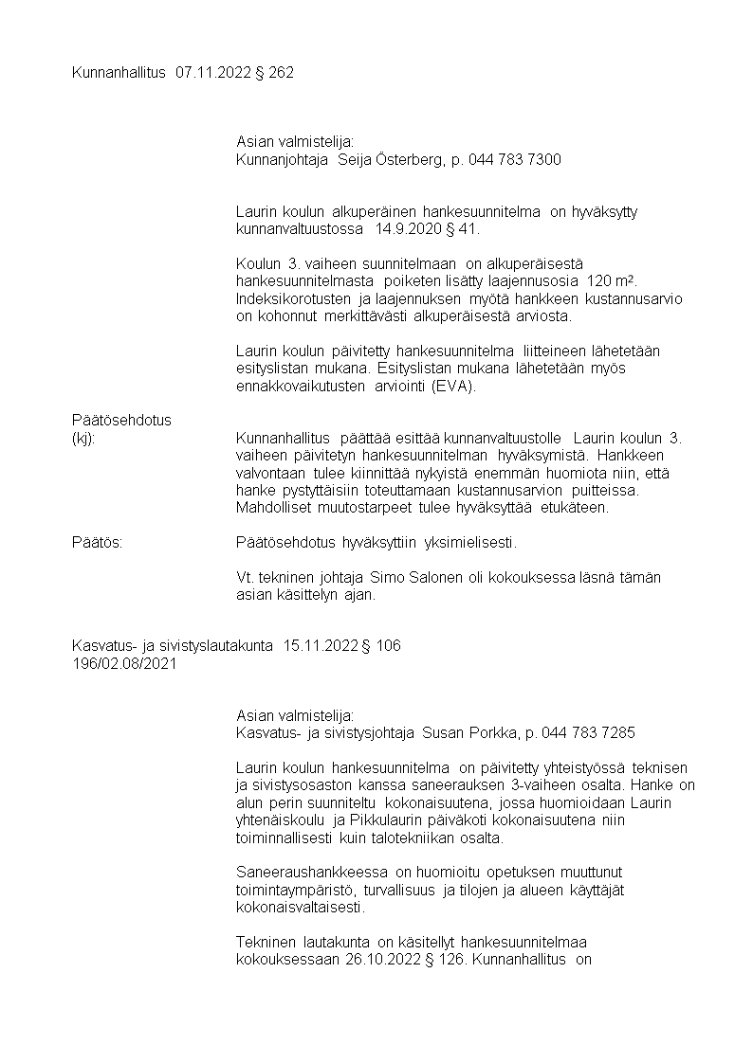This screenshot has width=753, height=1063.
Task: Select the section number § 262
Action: click(275, 72)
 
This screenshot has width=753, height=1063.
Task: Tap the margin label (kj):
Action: click(84, 438)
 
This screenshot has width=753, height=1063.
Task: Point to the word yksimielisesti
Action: click(471, 543)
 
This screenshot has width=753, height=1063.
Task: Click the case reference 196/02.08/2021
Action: click(124, 663)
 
